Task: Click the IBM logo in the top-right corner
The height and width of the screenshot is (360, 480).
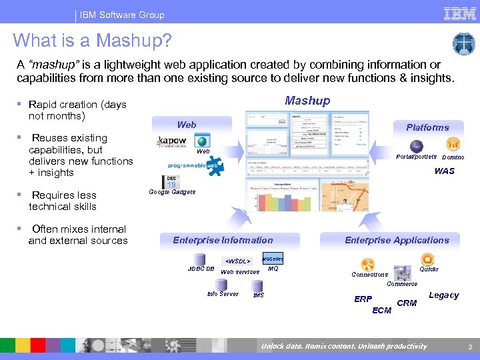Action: (459, 13)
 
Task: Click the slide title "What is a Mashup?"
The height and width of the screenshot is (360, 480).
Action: (92, 41)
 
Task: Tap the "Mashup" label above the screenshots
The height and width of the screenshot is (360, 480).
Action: (307, 101)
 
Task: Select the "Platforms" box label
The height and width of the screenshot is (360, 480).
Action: (427, 127)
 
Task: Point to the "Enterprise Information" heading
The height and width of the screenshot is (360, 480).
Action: (223, 240)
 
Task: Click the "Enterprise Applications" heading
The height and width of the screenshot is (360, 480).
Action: (397, 240)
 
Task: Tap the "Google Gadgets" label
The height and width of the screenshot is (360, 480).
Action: (172, 192)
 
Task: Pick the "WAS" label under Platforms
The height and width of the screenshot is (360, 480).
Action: (444, 171)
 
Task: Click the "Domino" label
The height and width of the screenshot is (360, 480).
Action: (453, 157)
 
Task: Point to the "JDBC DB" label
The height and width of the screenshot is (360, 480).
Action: (201, 269)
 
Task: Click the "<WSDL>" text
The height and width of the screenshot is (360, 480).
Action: (237, 261)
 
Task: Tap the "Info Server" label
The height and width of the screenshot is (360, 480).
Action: (223, 294)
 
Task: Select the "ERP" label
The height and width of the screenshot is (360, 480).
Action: (363, 299)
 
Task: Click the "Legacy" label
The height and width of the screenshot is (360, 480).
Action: (443, 295)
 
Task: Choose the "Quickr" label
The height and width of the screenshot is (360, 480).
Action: (429, 270)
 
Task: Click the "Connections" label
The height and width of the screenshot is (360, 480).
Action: (369, 275)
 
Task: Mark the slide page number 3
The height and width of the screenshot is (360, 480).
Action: (469, 347)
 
